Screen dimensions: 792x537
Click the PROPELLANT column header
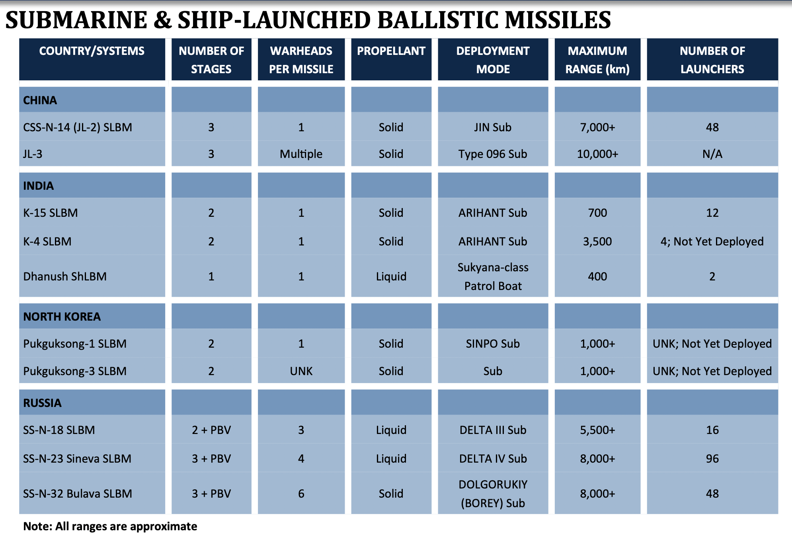pos(391,51)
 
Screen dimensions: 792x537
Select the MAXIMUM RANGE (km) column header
pos(597,60)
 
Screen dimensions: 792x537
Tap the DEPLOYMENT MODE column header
pos(493,60)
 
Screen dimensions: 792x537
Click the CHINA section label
pos(40,100)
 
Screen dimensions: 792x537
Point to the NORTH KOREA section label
pos(62,317)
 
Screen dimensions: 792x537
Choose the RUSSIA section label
pos(42,403)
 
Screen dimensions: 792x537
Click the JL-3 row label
pos(33,154)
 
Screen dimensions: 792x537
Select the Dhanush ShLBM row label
pos(65,276)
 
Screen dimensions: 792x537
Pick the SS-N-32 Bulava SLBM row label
pos(78,494)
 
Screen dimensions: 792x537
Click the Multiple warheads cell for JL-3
pos(301,154)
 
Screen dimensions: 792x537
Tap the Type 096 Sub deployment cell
pos(493,154)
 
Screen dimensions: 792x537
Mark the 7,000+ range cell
pos(597,127)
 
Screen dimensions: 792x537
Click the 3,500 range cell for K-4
pos(597,241)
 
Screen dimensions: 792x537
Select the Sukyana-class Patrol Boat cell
pos(493,276)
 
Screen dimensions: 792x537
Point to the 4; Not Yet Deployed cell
pos(712,241)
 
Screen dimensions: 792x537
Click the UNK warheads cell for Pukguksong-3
pos(301,371)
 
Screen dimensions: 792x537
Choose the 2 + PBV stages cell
pos(211,430)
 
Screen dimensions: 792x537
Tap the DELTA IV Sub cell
pos(493,459)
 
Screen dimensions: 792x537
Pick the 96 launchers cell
pos(712,459)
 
